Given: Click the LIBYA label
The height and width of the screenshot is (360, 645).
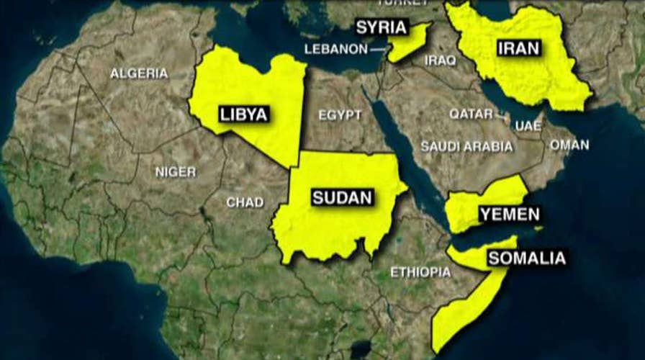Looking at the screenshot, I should (243, 114).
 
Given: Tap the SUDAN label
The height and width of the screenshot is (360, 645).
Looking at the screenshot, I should (342, 197).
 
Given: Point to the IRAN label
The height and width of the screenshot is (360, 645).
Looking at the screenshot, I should (517, 49).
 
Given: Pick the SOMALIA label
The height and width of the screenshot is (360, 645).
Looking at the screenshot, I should (527, 258).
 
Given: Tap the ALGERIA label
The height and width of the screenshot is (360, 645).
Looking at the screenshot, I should (139, 73).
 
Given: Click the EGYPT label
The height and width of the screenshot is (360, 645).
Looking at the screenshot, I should (340, 115).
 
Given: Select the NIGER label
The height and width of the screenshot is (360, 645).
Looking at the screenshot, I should (175, 171).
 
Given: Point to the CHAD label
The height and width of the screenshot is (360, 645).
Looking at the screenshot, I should (245, 202).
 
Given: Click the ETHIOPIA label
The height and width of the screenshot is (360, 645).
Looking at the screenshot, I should (420, 272).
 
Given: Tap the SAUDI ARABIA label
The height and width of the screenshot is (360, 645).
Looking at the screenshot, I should (467, 146).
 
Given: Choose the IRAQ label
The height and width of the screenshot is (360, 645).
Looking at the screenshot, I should (439, 60).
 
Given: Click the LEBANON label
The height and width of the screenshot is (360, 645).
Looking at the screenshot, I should (335, 49).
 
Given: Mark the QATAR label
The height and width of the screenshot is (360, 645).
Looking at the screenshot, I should (472, 114).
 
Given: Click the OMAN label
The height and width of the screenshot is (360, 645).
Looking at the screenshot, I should (569, 145).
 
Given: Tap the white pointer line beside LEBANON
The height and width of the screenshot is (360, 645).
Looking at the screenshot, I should (378, 50).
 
